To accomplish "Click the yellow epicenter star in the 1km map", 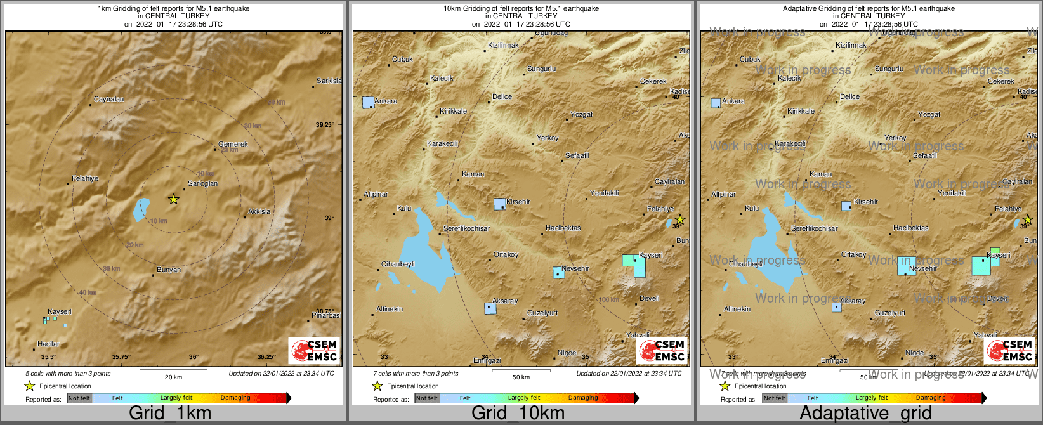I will pyautogui.click(x=174, y=199).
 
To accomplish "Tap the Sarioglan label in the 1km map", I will pyautogui.click(x=203, y=184).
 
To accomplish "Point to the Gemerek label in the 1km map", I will pyautogui.click(x=233, y=144).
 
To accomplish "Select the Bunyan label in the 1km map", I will pyautogui.click(x=169, y=270).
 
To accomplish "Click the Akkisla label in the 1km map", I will pyautogui.click(x=259, y=212).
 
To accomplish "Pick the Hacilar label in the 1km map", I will pyautogui.click(x=48, y=344).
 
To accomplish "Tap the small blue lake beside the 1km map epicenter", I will pyautogui.click(x=141, y=209).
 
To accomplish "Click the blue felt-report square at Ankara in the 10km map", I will pyautogui.click(x=368, y=102).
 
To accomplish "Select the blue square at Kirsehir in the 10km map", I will pyautogui.click(x=500, y=204).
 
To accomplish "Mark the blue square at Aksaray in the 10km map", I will pyautogui.click(x=490, y=308).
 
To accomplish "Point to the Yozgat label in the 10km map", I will pyautogui.click(x=582, y=115).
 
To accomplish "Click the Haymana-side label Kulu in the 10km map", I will pyautogui.click(x=404, y=209).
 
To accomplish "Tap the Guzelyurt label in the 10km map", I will pyautogui.click(x=542, y=313).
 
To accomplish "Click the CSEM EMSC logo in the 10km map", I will pyautogui.click(x=662, y=351).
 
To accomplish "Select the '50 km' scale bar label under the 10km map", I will pyautogui.click(x=521, y=377).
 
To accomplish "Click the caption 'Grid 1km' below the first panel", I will pyautogui.click(x=170, y=414).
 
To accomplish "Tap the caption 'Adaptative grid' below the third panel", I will pyautogui.click(x=865, y=414).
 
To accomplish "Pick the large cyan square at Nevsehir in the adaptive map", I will pyautogui.click(x=907, y=265).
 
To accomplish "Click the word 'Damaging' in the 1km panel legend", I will pyautogui.click(x=235, y=398).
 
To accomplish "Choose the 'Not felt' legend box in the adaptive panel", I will pyautogui.click(x=774, y=398).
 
